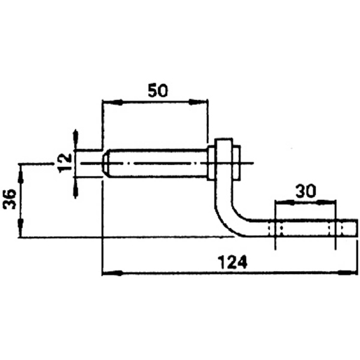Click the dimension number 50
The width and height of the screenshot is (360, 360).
click(x=158, y=90)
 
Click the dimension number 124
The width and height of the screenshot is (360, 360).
click(x=233, y=262)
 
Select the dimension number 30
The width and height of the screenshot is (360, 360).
click(x=305, y=191)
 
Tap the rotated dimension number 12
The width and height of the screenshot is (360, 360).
click(x=65, y=163)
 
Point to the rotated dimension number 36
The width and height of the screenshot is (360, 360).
click(x=10, y=199)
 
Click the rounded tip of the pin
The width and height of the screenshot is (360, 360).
click(x=106, y=163)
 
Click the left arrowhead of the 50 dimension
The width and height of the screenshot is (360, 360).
click(x=113, y=102)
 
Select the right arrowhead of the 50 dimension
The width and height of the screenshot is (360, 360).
click(x=198, y=102)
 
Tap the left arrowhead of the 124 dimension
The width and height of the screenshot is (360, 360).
click(x=113, y=273)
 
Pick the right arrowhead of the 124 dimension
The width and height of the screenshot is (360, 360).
click(x=347, y=273)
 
